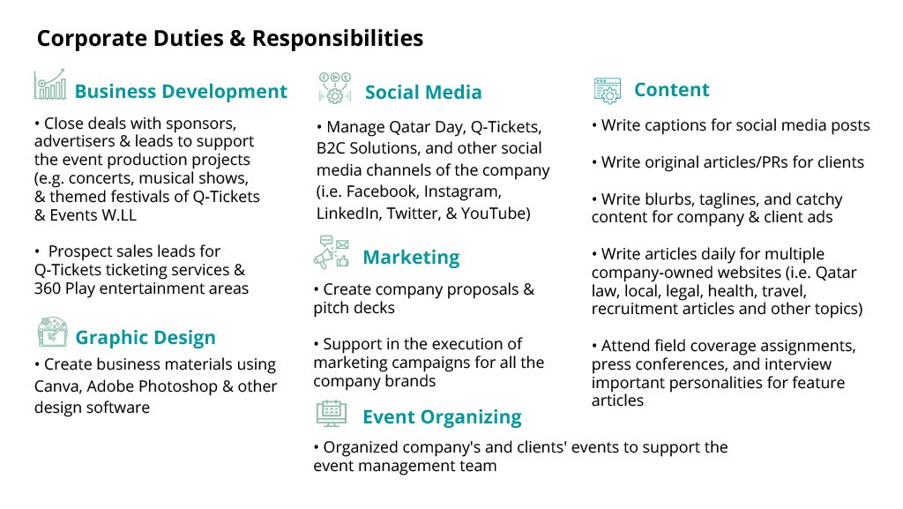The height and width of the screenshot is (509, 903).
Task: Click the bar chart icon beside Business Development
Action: [x=50, y=85]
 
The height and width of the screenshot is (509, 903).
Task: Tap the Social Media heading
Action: [x=423, y=92]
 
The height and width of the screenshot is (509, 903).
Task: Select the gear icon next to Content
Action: [x=608, y=90]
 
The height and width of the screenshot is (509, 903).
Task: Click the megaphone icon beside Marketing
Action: [x=332, y=252]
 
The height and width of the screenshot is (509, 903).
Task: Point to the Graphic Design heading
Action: [x=146, y=337]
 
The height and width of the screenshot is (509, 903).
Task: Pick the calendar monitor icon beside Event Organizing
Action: [x=332, y=414]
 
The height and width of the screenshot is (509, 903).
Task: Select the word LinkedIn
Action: [x=348, y=213]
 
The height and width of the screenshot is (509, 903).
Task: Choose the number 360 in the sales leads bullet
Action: [x=48, y=288]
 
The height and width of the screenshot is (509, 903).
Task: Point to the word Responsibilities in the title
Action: [x=338, y=38]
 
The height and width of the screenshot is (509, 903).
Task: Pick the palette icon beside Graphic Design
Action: [x=52, y=332]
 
